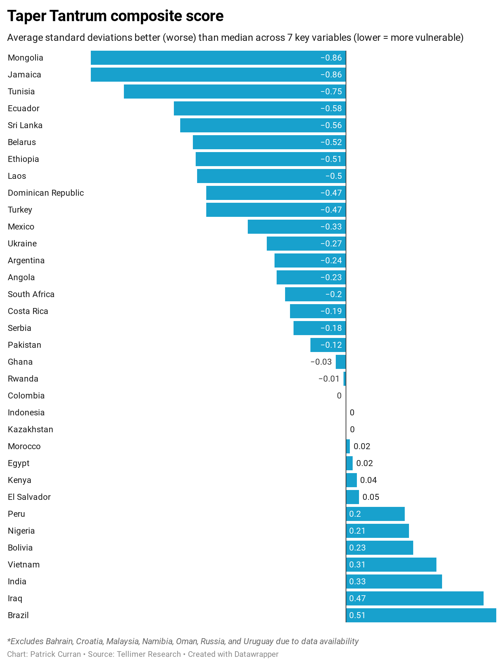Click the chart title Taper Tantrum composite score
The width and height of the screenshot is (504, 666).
115,16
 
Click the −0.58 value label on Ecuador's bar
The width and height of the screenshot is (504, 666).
331,108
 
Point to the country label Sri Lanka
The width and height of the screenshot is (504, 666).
25,125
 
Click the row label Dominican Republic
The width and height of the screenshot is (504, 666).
46,193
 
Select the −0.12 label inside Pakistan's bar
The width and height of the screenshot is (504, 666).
331,345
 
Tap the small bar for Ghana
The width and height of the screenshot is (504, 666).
341,362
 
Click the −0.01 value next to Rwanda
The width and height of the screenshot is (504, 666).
329,379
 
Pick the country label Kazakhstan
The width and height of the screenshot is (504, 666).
30,429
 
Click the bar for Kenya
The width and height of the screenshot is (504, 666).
351,480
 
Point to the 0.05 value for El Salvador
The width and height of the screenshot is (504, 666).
371,497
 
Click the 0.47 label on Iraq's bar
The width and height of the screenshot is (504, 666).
357,598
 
